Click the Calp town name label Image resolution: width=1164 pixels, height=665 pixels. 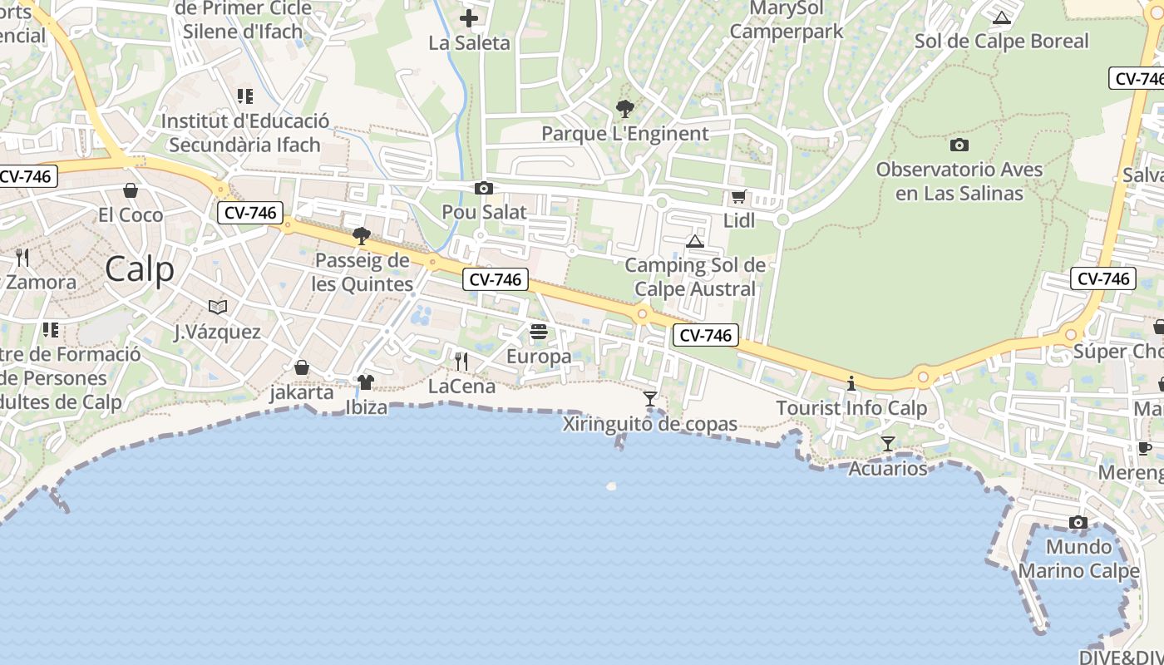point(140,269)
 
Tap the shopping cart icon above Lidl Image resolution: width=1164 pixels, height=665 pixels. point(738,197)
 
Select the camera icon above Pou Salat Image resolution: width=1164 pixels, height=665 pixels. point(483,189)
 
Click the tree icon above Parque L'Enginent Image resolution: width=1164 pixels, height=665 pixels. point(624,108)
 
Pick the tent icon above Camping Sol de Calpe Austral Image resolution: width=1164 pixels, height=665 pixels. point(695,242)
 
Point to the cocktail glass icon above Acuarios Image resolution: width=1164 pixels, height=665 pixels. point(888,444)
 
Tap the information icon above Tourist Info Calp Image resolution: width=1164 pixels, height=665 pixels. point(851,384)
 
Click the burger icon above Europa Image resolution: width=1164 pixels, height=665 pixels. point(539,332)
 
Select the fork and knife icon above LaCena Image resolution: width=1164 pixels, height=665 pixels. point(461,362)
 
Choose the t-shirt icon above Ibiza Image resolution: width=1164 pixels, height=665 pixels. point(366,382)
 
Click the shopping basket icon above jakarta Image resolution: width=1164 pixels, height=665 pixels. point(302,367)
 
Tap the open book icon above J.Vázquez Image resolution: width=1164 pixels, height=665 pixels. point(218,308)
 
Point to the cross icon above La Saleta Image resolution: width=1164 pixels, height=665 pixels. point(469,17)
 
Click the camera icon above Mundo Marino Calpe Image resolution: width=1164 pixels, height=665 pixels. point(1078,523)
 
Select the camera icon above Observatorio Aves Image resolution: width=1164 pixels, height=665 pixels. point(959,145)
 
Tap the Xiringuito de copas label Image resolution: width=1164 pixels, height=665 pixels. point(650,424)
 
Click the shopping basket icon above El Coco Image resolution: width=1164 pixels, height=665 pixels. point(131,190)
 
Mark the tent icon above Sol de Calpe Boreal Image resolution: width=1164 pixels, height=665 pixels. point(1001,17)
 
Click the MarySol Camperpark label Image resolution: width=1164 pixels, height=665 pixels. point(786,20)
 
